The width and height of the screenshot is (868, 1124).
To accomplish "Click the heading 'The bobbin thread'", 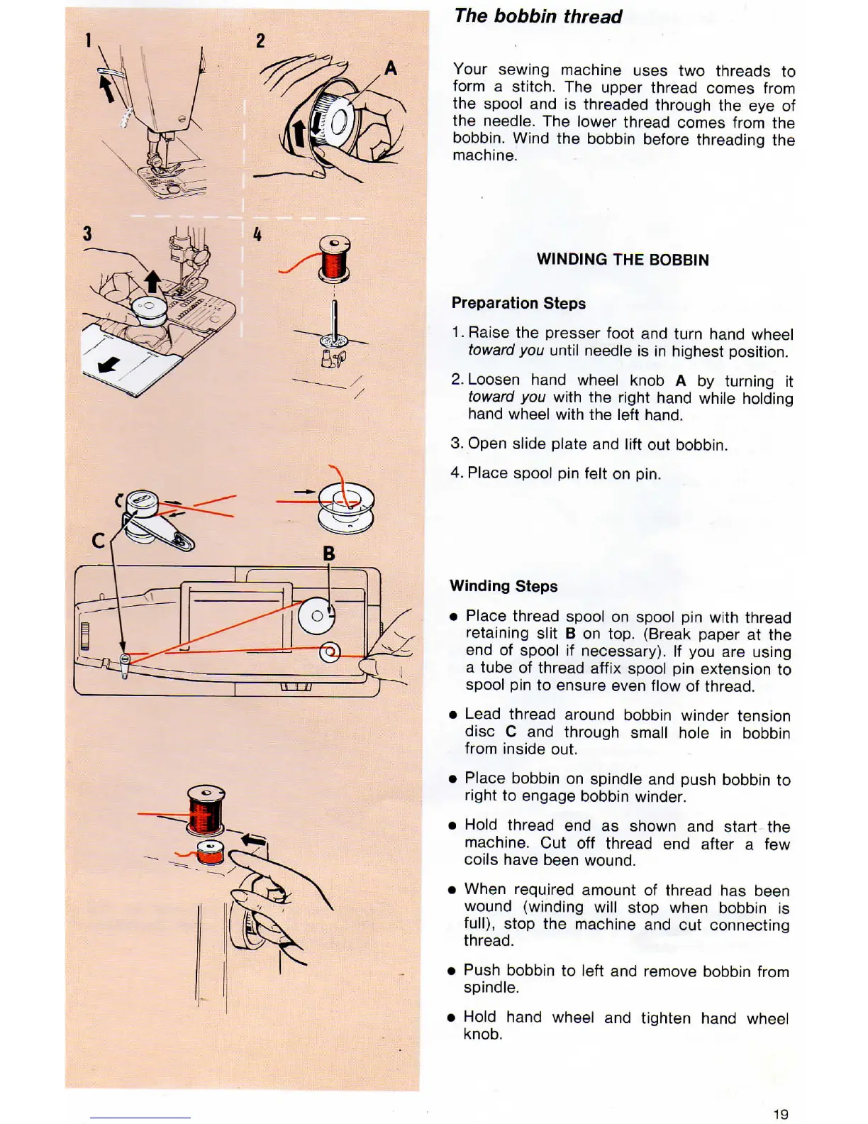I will pos(538,16).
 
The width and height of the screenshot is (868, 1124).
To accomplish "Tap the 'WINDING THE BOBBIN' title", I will pos(622,260).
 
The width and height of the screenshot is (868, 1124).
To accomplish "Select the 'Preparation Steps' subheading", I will pos(518,303).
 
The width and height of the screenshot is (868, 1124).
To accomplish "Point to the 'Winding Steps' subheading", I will pos(503,586).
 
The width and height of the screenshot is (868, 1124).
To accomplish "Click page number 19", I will pos(780,1114).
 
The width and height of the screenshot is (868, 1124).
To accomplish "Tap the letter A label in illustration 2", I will pos(390,69).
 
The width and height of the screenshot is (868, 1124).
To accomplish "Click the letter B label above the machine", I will pos(328,553).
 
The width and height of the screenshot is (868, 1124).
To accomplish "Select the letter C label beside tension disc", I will pos(99,541).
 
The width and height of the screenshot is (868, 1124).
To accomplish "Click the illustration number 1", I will pos(88,40).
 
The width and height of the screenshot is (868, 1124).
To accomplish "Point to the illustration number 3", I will pos(87,233).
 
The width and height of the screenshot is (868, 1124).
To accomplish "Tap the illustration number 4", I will pos(257,234).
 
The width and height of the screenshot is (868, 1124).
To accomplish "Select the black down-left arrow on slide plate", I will pos(108,365).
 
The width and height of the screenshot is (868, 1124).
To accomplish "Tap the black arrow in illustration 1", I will pos(106,88).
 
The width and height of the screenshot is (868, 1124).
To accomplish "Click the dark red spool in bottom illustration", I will pos(206,810).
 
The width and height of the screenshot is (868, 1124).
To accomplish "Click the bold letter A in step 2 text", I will pos(681,381).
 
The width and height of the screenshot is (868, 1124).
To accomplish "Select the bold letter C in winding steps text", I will pos(511,732).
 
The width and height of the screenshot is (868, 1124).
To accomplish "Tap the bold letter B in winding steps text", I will pos(570,634).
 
